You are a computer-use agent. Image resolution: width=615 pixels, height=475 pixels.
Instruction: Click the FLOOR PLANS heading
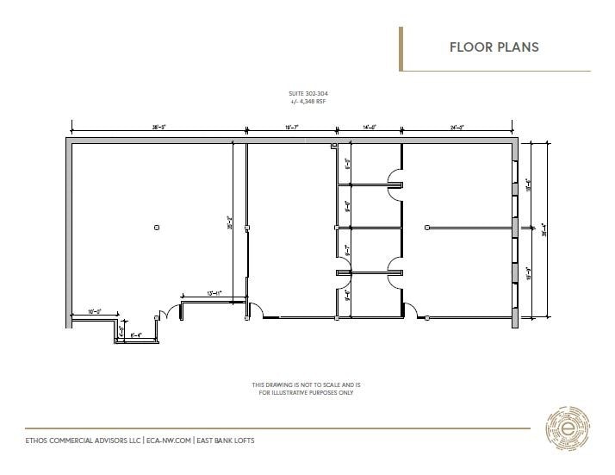pyautogui.click(x=494, y=47)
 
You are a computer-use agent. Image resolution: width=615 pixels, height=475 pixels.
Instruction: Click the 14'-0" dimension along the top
pyautogui.click(x=370, y=128)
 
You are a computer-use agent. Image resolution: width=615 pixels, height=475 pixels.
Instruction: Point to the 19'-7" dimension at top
pyautogui.click(x=293, y=128)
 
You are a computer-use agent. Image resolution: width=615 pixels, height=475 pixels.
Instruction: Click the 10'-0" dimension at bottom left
pyautogui.click(x=94, y=311)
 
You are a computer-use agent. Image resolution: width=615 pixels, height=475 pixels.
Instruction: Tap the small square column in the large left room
pyautogui.click(x=156, y=228)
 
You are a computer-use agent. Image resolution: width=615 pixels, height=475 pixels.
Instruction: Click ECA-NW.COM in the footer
pyautogui.click(x=168, y=440)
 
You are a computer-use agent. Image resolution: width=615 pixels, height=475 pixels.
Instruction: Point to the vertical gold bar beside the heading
pyautogui.click(x=401, y=48)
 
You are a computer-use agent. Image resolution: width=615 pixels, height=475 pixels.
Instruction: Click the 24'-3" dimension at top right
pyautogui.click(x=457, y=128)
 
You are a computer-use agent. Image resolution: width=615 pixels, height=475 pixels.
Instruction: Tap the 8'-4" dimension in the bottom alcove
pyautogui.click(x=136, y=334)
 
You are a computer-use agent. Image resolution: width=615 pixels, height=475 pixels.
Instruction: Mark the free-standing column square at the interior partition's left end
pyautogui.click(x=427, y=228)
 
